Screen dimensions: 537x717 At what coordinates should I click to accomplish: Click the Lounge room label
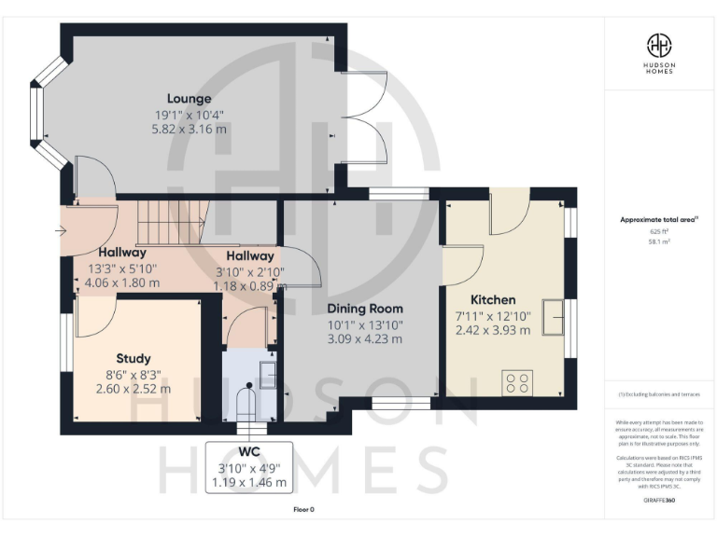coord(190,98)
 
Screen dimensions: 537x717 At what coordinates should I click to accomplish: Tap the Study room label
coord(134,358)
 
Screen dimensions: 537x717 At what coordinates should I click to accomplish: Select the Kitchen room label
coord(493,300)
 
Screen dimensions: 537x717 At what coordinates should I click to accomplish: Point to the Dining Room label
coord(365,308)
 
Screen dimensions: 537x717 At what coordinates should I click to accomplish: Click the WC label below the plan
coord(248,452)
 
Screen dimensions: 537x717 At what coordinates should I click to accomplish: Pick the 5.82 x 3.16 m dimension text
coord(190,130)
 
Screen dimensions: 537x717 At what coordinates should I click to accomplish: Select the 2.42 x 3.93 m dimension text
coord(493,331)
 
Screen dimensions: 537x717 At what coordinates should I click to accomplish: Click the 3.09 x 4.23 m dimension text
coord(365,338)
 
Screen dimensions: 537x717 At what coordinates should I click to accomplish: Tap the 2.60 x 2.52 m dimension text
coord(134,389)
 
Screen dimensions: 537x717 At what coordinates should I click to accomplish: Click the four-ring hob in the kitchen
coord(518,382)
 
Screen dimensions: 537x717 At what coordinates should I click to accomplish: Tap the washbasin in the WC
coord(266,374)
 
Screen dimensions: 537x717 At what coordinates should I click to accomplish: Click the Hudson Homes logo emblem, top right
coord(660,44)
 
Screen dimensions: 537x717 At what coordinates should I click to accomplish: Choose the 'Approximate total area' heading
coord(659,220)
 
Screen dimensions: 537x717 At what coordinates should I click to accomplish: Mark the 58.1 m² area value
coord(659,241)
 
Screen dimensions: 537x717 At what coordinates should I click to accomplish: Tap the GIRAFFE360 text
coord(659,501)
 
